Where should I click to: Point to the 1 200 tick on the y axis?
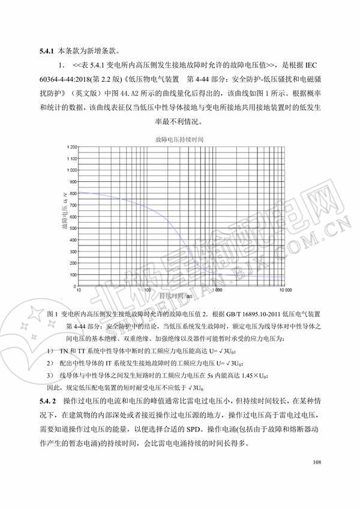(71, 147)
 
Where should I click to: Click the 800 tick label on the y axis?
(73, 194)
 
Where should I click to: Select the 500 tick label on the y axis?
(73, 229)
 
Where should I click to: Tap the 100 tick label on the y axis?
(73, 276)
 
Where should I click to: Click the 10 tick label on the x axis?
(80, 290)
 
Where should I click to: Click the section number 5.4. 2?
(47, 400)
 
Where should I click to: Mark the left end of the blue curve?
(80, 193)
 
